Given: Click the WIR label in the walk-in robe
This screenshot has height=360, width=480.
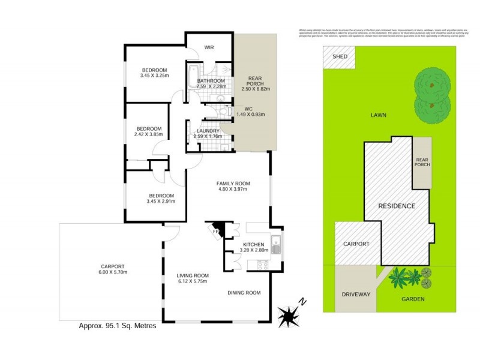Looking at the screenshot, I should [209, 47].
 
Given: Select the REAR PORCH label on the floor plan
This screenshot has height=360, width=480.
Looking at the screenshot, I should [256, 80].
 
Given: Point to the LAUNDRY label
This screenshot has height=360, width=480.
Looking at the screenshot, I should [208, 130].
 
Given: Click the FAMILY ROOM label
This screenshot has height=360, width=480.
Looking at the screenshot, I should [233, 184].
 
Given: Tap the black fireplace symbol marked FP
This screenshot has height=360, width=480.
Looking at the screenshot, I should [217, 229].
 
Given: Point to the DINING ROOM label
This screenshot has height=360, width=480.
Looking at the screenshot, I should [244, 293].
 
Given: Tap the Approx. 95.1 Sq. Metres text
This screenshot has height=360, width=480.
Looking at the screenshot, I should [118, 326].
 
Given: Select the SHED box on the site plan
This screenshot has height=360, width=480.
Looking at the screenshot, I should [339, 58].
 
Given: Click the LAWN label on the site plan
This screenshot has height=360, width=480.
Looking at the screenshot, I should [378, 115].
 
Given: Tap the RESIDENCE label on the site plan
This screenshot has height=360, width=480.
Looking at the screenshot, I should [396, 206].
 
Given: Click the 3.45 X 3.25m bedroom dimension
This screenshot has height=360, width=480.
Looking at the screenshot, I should [154, 75].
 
